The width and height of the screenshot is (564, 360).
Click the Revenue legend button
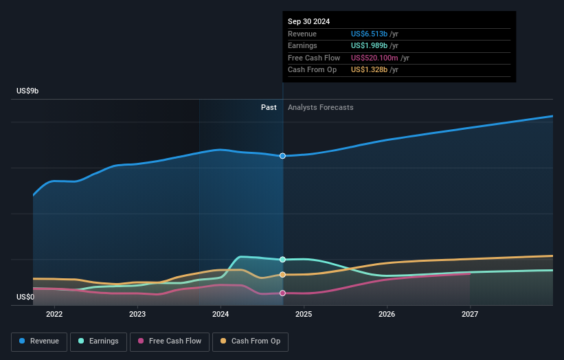coord(40,341)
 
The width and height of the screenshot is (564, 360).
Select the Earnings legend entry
coord(98,341)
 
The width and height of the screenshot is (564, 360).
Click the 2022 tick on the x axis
coord(54,314)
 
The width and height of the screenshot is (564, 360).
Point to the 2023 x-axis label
coord(137,314)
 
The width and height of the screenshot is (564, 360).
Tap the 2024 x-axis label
coord(221,314)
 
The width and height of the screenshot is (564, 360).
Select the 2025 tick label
coord(304,314)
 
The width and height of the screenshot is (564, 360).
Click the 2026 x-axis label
coord(387,314)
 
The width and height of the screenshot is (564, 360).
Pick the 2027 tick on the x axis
coord(470,314)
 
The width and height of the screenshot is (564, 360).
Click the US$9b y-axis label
coord(28,91)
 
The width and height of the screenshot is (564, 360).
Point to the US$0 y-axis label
coord(25,297)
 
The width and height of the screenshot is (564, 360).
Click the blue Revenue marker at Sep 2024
coord(282,156)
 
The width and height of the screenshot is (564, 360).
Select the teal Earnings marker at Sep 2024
coord(282,260)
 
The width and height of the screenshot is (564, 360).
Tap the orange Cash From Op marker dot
coord(282,275)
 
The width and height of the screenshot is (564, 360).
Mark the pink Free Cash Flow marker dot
coord(282,293)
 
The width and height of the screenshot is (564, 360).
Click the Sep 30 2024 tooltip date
coord(308,21)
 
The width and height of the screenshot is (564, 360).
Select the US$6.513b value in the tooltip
coord(369,33)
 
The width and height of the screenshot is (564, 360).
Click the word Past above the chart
coord(269,107)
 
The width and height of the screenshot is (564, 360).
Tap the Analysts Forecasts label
coord(321,107)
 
